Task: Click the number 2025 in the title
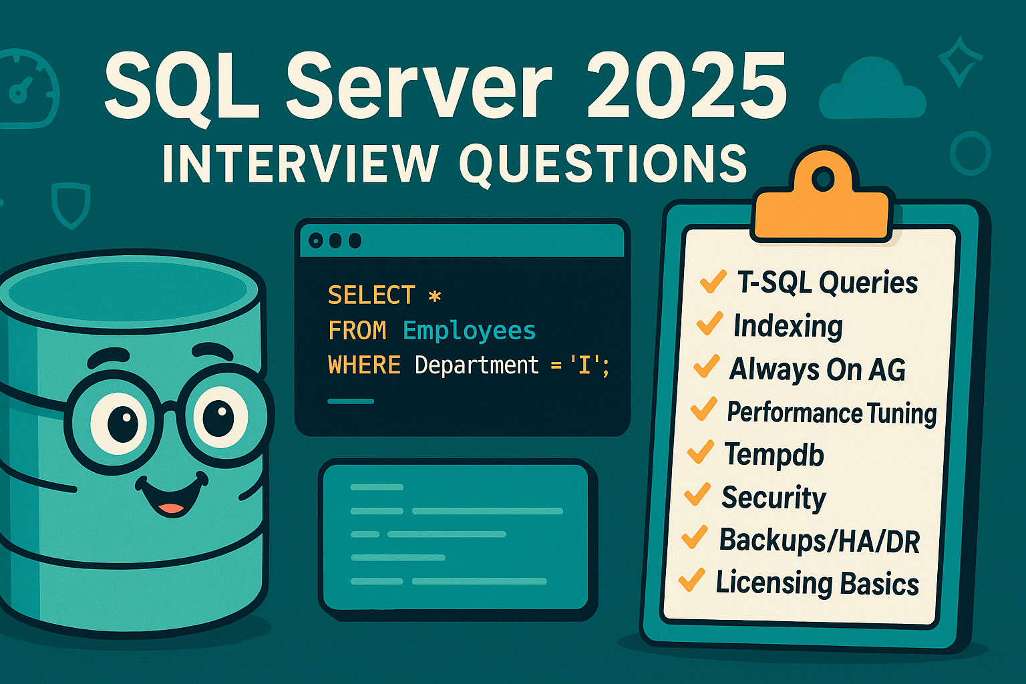(687, 88)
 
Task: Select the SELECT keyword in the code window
(371, 295)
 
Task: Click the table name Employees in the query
(469, 331)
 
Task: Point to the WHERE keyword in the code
(364, 365)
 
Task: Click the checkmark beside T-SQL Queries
(712, 281)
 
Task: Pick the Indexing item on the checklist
(788, 326)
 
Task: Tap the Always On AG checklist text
(817, 369)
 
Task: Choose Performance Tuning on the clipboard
(832, 413)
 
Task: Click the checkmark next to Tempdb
(700, 452)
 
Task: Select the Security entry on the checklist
(774, 498)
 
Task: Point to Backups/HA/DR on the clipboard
(819, 541)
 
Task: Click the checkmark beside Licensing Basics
(691, 580)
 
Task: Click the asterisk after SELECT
(435, 296)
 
